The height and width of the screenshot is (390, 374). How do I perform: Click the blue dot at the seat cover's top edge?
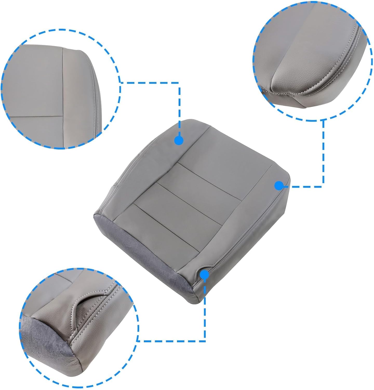point(179,140)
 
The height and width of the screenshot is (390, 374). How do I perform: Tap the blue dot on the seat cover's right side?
point(279,185)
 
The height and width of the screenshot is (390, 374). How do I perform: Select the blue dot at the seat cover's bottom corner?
point(204,274)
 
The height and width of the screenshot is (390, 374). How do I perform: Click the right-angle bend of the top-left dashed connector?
point(179,83)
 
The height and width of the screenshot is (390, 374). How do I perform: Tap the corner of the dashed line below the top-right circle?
point(323,186)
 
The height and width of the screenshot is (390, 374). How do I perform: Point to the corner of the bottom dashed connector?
point(205,341)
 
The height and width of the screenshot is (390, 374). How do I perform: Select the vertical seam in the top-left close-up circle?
point(63,83)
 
